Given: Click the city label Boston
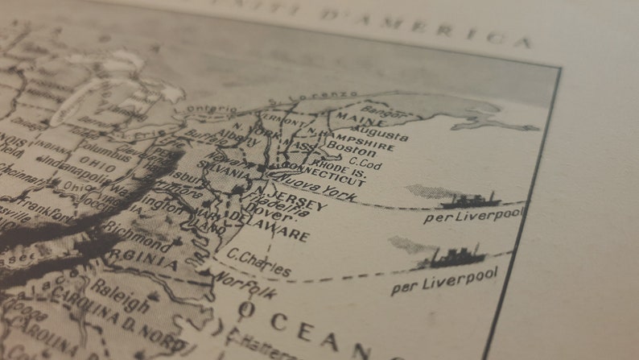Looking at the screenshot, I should (351, 151).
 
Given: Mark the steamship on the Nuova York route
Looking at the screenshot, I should (470, 200).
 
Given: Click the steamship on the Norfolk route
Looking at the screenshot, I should (456, 258).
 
